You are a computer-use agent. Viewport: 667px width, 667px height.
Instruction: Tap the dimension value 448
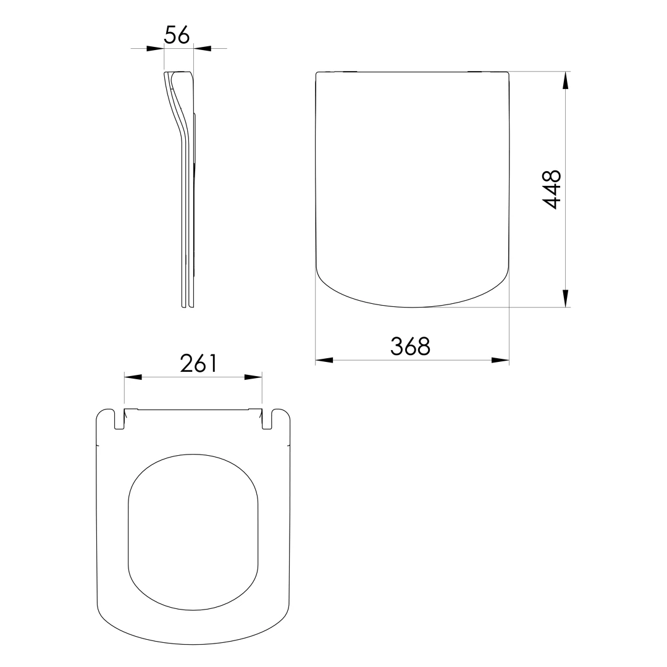(x=553, y=190)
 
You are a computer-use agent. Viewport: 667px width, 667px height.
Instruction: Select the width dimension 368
(x=411, y=346)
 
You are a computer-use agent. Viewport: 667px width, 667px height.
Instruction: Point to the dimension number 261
(x=199, y=363)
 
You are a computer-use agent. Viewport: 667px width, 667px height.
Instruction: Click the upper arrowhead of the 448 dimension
(x=565, y=80)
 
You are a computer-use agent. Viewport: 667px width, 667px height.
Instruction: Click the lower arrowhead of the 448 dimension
(x=565, y=298)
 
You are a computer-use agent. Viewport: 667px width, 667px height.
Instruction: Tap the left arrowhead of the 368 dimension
(x=324, y=360)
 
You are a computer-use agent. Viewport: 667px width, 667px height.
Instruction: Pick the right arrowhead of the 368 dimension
(x=500, y=360)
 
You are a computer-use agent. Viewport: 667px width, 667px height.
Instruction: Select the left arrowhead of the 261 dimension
(x=133, y=377)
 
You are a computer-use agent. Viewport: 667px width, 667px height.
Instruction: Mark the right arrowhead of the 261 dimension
(x=253, y=377)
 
